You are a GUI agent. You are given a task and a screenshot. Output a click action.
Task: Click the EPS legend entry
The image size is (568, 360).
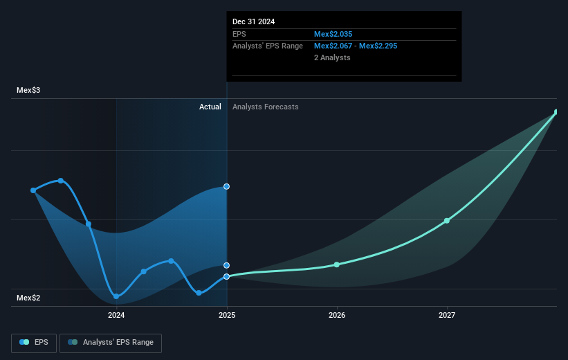tap(35, 342)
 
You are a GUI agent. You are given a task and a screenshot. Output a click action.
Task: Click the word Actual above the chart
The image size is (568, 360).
tap(210, 107)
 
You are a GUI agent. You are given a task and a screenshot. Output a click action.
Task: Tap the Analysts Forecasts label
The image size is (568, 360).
tap(266, 107)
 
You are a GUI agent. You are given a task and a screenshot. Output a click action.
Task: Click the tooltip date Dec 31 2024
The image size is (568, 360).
tap(253, 21)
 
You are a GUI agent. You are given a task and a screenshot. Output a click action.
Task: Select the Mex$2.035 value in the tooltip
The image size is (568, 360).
tap(336, 34)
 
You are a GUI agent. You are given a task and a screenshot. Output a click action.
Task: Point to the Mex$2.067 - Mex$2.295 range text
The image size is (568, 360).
tap(355, 46)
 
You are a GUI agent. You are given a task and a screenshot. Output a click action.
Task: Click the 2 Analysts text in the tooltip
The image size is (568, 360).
tap(332, 57)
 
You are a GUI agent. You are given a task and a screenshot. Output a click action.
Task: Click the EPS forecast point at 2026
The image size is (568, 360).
tap(337, 264)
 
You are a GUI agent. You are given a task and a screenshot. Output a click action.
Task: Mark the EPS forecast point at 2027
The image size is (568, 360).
tap(447, 220)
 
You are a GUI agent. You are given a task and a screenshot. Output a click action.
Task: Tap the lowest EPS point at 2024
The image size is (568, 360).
tap(116, 296)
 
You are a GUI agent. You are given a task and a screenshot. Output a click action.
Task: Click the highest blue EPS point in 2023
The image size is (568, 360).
tap(61, 181)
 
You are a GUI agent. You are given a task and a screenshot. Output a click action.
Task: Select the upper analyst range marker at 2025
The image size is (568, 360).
tap(227, 186)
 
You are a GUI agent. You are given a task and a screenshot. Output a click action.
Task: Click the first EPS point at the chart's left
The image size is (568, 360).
tap(33, 190)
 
